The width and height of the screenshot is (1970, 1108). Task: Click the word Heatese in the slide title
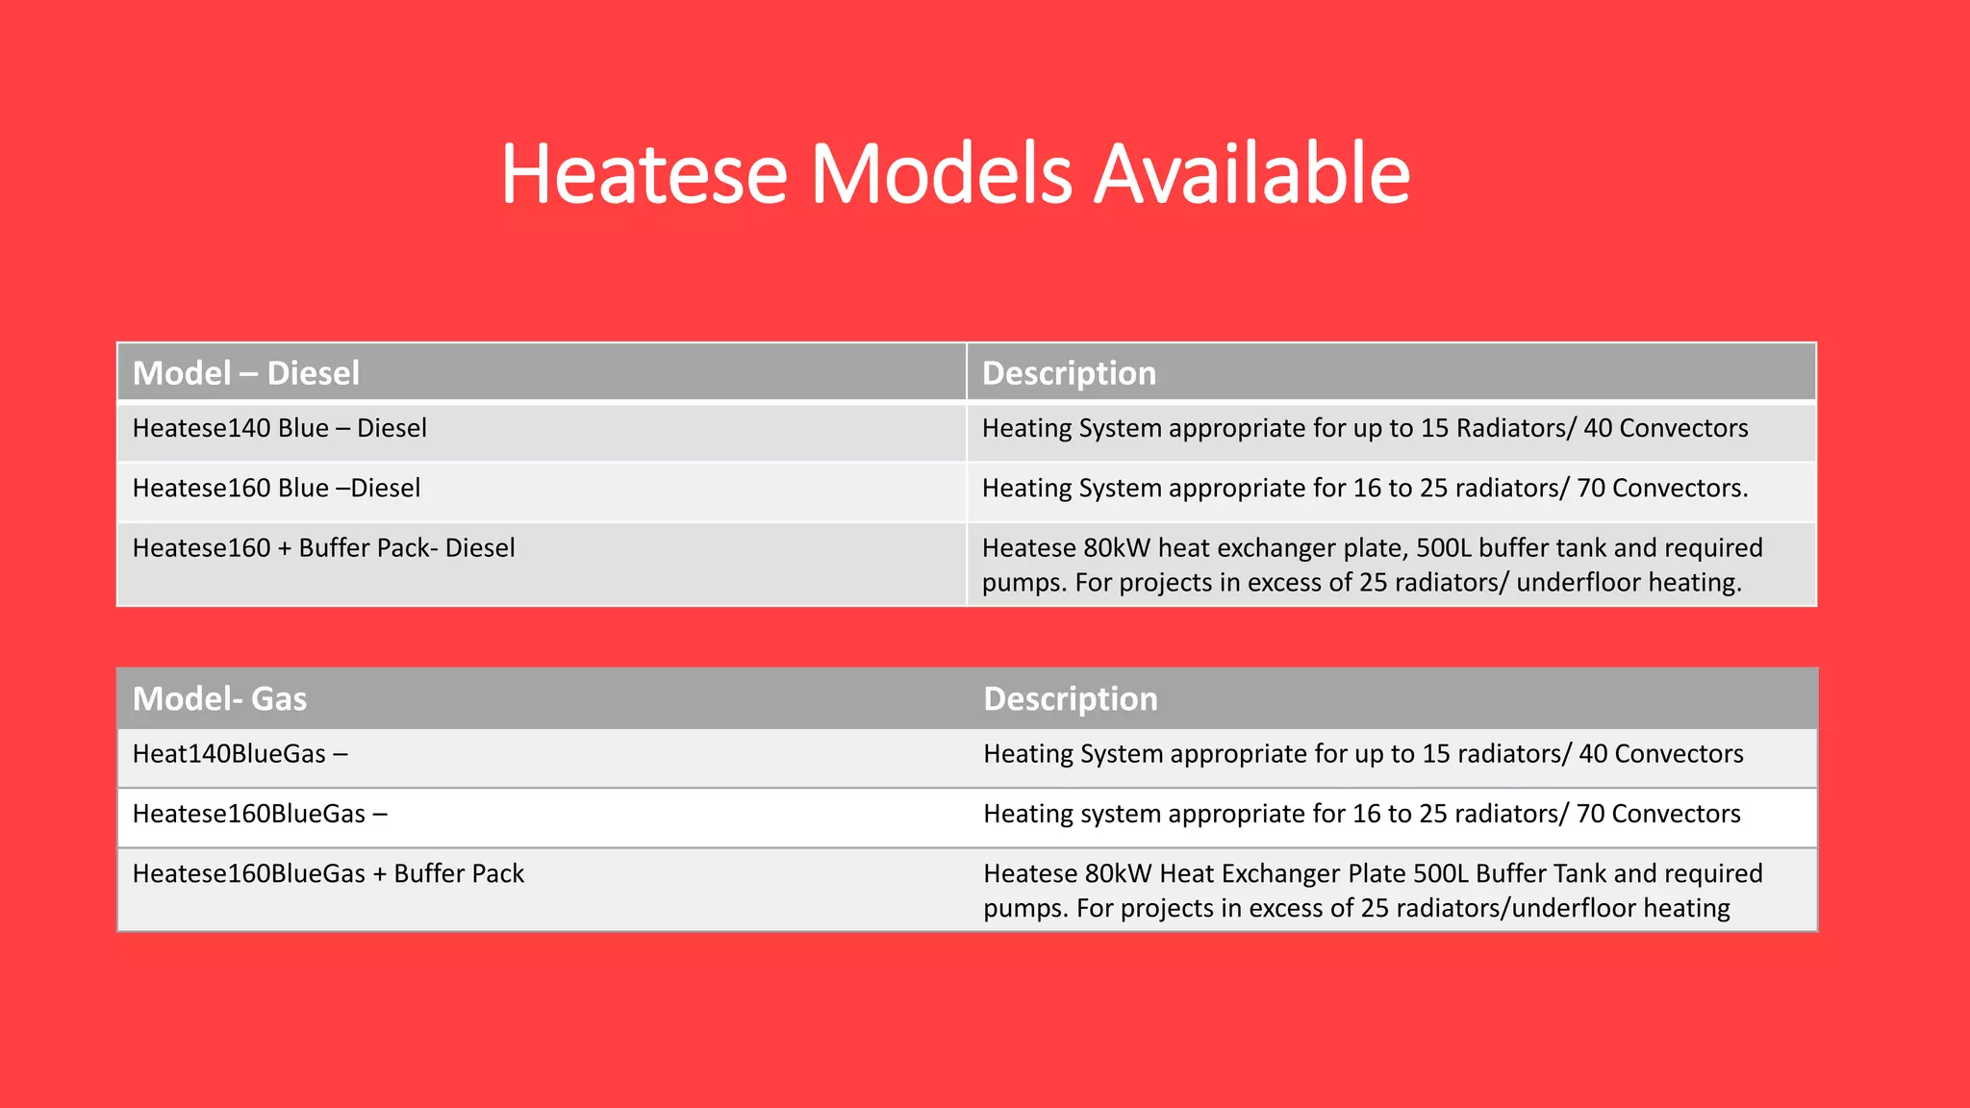[x=644, y=174]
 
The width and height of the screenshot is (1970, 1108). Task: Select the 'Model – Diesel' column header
[x=246, y=373]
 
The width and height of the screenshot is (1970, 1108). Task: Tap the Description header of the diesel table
[x=1069, y=373]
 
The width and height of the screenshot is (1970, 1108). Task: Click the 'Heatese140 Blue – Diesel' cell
[x=279, y=428]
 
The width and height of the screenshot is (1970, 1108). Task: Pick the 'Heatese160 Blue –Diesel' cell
[x=276, y=488]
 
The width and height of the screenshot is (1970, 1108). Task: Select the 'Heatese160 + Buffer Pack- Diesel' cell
[x=323, y=548]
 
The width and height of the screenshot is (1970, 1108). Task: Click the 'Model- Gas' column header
[x=219, y=698]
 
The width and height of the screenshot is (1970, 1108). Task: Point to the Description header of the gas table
[x=1070, y=698]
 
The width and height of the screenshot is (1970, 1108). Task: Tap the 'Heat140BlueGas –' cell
[x=240, y=754]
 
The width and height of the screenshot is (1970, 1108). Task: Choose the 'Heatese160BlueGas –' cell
[x=260, y=814]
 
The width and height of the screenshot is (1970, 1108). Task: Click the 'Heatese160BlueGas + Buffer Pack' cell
[x=328, y=873]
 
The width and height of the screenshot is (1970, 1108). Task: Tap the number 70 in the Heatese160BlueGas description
[x=1590, y=814]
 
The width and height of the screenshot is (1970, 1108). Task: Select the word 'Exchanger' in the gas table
[x=1282, y=873]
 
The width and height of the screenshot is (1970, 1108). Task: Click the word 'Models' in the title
[x=941, y=174]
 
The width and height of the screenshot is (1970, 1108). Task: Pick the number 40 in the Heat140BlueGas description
[x=1593, y=754]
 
